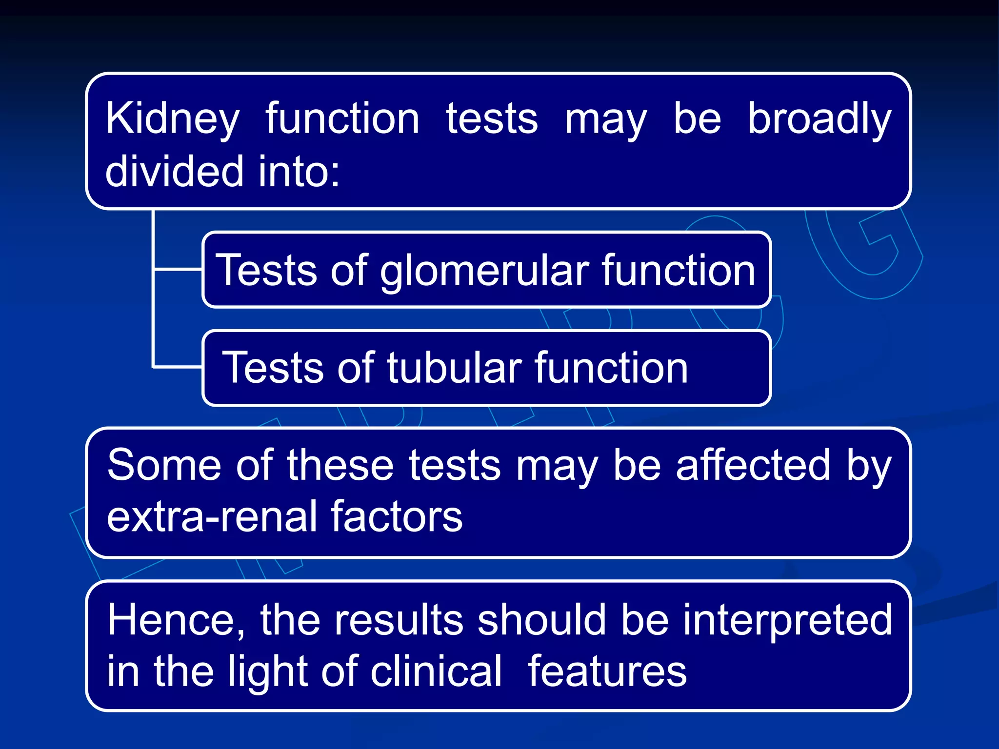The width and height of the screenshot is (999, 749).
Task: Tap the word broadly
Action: (x=819, y=119)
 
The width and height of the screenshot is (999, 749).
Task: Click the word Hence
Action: (x=176, y=620)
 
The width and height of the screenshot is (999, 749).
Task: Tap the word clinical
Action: (x=436, y=672)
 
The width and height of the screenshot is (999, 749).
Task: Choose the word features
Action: (x=607, y=672)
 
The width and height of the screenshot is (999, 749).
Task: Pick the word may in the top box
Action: (x=605, y=119)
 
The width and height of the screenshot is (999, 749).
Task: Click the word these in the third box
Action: (x=340, y=465)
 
